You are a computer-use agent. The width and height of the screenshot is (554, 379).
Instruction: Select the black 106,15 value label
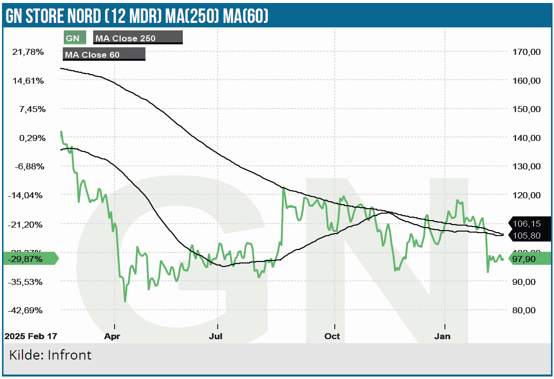coord(529,224)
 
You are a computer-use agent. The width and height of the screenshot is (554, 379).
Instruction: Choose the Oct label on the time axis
coord(332,336)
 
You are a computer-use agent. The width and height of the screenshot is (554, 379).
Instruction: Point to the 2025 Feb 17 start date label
coord(30,336)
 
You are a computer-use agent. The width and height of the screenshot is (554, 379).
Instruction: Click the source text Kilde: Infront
coord(50,355)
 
